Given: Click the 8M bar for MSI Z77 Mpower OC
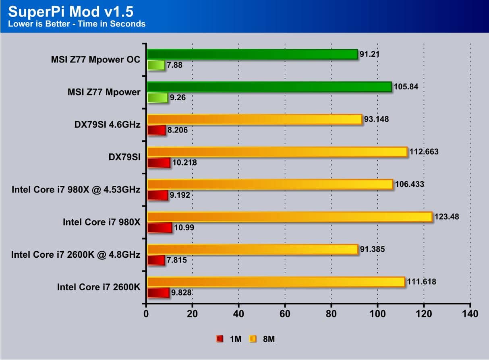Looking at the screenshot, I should pyautogui.click(x=252, y=54).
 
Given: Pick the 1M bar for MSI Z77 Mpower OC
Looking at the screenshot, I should pyautogui.click(x=156, y=65).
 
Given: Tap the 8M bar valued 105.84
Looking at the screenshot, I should pyautogui.click(x=269, y=87).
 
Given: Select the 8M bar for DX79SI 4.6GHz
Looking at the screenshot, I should pyautogui.click(x=255, y=119).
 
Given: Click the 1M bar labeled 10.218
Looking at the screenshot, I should pyautogui.click(x=159, y=163).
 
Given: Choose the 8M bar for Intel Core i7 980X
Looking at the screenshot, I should pyautogui.click(x=289, y=217).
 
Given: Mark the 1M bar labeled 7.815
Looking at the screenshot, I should pyautogui.click(x=156, y=260).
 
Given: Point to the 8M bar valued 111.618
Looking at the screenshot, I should pyautogui.click(x=276, y=282).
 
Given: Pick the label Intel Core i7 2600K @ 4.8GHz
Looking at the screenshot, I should pyautogui.click(x=76, y=254).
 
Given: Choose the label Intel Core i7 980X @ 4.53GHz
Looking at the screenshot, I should pyautogui.click(x=76, y=189).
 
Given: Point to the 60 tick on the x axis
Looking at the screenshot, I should pyautogui.click(x=285, y=314).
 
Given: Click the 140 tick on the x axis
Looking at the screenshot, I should pyautogui.click(x=470, y=314).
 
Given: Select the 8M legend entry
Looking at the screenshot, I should pyautogui.click(x=262, y=339).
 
